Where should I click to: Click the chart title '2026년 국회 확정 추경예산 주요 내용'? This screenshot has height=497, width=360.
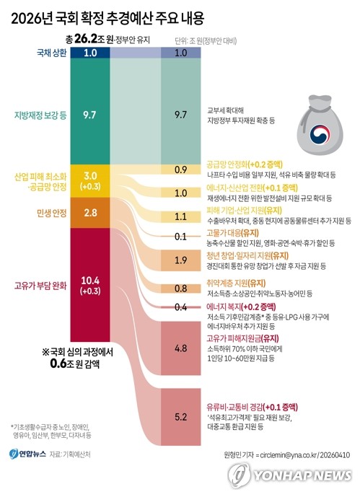pos(118,16)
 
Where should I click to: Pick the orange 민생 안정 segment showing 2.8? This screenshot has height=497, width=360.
pos(90,212)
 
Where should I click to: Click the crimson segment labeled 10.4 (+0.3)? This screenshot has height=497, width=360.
pos(90,283)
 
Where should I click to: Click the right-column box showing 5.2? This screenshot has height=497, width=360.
pos(181,417)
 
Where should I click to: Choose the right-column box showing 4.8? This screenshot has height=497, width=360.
pos(181,347)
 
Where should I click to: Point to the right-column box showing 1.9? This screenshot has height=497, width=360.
pos(181,260)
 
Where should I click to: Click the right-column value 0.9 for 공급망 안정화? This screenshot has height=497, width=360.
pos(181,170)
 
